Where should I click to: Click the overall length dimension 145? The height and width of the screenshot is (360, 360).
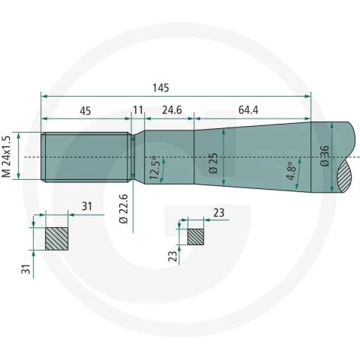pos(160,88)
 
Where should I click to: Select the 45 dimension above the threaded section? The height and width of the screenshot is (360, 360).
pos(85,111)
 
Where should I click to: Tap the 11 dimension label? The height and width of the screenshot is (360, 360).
pos(138,110)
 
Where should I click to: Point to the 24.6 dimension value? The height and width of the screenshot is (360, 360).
pos(172,110)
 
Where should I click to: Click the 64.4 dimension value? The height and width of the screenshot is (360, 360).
pos(248,110)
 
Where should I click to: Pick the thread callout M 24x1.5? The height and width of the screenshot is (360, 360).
pos(7,157)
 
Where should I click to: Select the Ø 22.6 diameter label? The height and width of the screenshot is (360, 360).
pos(124,209)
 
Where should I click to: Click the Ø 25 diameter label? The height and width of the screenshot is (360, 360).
pos(213,163)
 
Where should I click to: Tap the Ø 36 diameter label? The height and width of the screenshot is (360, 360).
pos(325,156)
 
